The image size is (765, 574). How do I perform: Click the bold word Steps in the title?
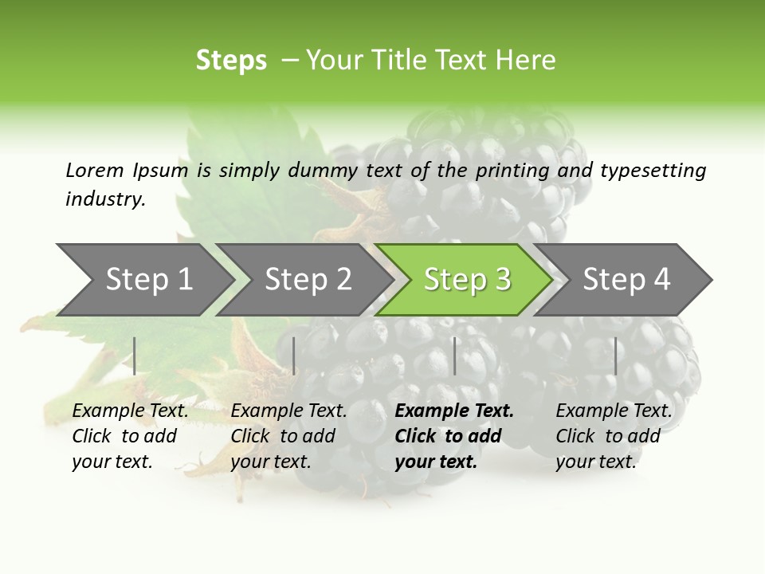pos(231,61)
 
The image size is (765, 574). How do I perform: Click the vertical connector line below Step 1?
pos(135,356)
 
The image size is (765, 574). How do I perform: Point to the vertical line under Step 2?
pos(294,356)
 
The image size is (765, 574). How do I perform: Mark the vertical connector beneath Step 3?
pos(454,356)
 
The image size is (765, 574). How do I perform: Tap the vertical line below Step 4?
pos(615,356)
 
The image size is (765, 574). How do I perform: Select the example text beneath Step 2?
pos(288,436)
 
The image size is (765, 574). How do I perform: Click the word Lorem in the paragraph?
pos(95,170)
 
